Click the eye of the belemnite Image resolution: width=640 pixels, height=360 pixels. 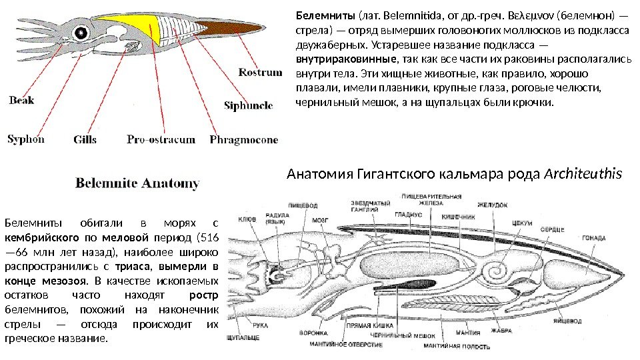82,32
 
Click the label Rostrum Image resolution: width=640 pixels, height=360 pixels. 260,73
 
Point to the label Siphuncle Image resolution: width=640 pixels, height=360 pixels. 248,106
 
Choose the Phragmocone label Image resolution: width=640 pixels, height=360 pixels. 243,140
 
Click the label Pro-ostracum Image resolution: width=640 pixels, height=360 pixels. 161,140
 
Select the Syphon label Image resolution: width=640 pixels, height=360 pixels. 26,139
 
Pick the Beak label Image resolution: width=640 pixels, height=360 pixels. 21,101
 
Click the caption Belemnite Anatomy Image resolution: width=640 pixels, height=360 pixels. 137,183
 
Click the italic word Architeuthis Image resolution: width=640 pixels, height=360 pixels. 583,175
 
